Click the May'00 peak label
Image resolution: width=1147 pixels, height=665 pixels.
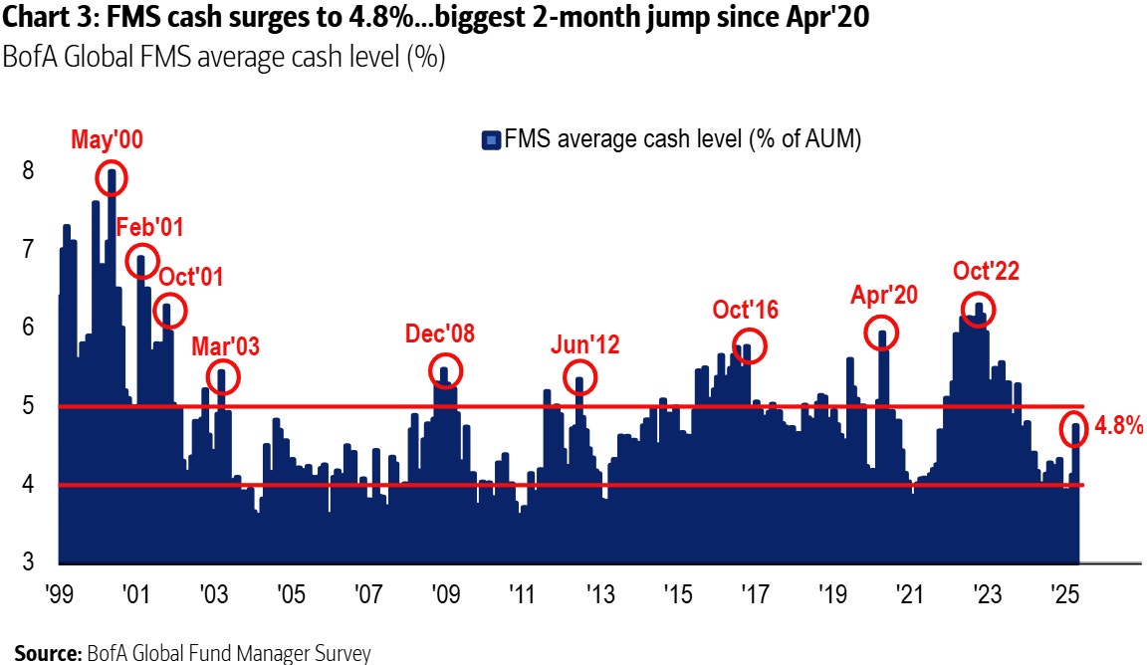107,140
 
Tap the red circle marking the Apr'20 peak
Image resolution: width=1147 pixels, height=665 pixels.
881,332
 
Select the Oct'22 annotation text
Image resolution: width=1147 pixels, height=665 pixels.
986,271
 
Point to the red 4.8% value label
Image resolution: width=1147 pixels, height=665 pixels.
1119,427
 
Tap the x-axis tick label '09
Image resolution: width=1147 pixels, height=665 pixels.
445,595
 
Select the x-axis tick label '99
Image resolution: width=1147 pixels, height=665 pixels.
59,595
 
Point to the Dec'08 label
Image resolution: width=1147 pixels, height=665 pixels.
440,333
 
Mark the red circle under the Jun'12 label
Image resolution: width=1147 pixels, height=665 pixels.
580,377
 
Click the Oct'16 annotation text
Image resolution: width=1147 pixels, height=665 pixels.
746,310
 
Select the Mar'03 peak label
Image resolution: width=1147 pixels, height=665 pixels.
225,346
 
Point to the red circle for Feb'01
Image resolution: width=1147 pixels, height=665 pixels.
141,260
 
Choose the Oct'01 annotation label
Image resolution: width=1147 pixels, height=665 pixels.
189,276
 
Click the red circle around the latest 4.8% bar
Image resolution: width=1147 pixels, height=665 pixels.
1076,430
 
